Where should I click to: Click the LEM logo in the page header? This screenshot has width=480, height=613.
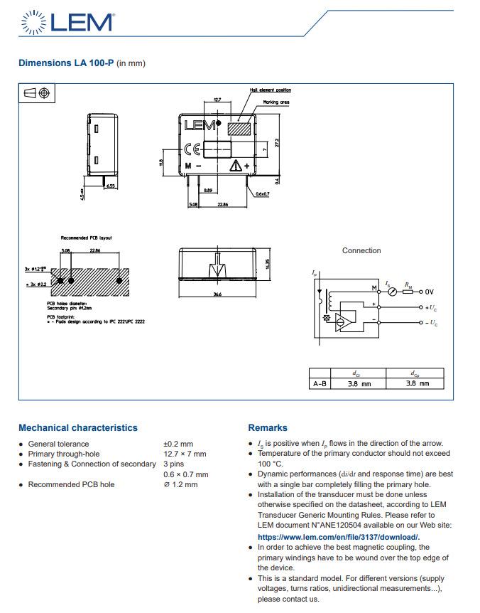tap(68, 22)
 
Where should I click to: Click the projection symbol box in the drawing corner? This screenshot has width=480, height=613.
tap(36, 93)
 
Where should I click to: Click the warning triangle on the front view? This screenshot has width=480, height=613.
tap(235, 166)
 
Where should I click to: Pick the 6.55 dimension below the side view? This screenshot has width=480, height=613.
tap(110, 186)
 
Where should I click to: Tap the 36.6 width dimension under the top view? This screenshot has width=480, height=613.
tap(217, 294)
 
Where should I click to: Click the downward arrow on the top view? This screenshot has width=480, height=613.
tap(217, 271)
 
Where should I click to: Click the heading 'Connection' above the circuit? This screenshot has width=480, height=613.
tap(361, 250)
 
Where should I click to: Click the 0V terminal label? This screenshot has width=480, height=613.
tap(429, 292)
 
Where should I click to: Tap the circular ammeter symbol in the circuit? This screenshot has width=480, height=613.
tap(393, 292)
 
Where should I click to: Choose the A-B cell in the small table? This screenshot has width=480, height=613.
tap(320, 384)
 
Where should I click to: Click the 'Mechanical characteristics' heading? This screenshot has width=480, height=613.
tap(78, 428)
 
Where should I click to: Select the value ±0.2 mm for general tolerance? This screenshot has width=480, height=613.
tap(178, 444)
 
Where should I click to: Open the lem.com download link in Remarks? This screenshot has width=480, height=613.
tap(338, 536)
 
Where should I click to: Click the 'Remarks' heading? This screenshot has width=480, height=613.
tap(268, 428)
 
